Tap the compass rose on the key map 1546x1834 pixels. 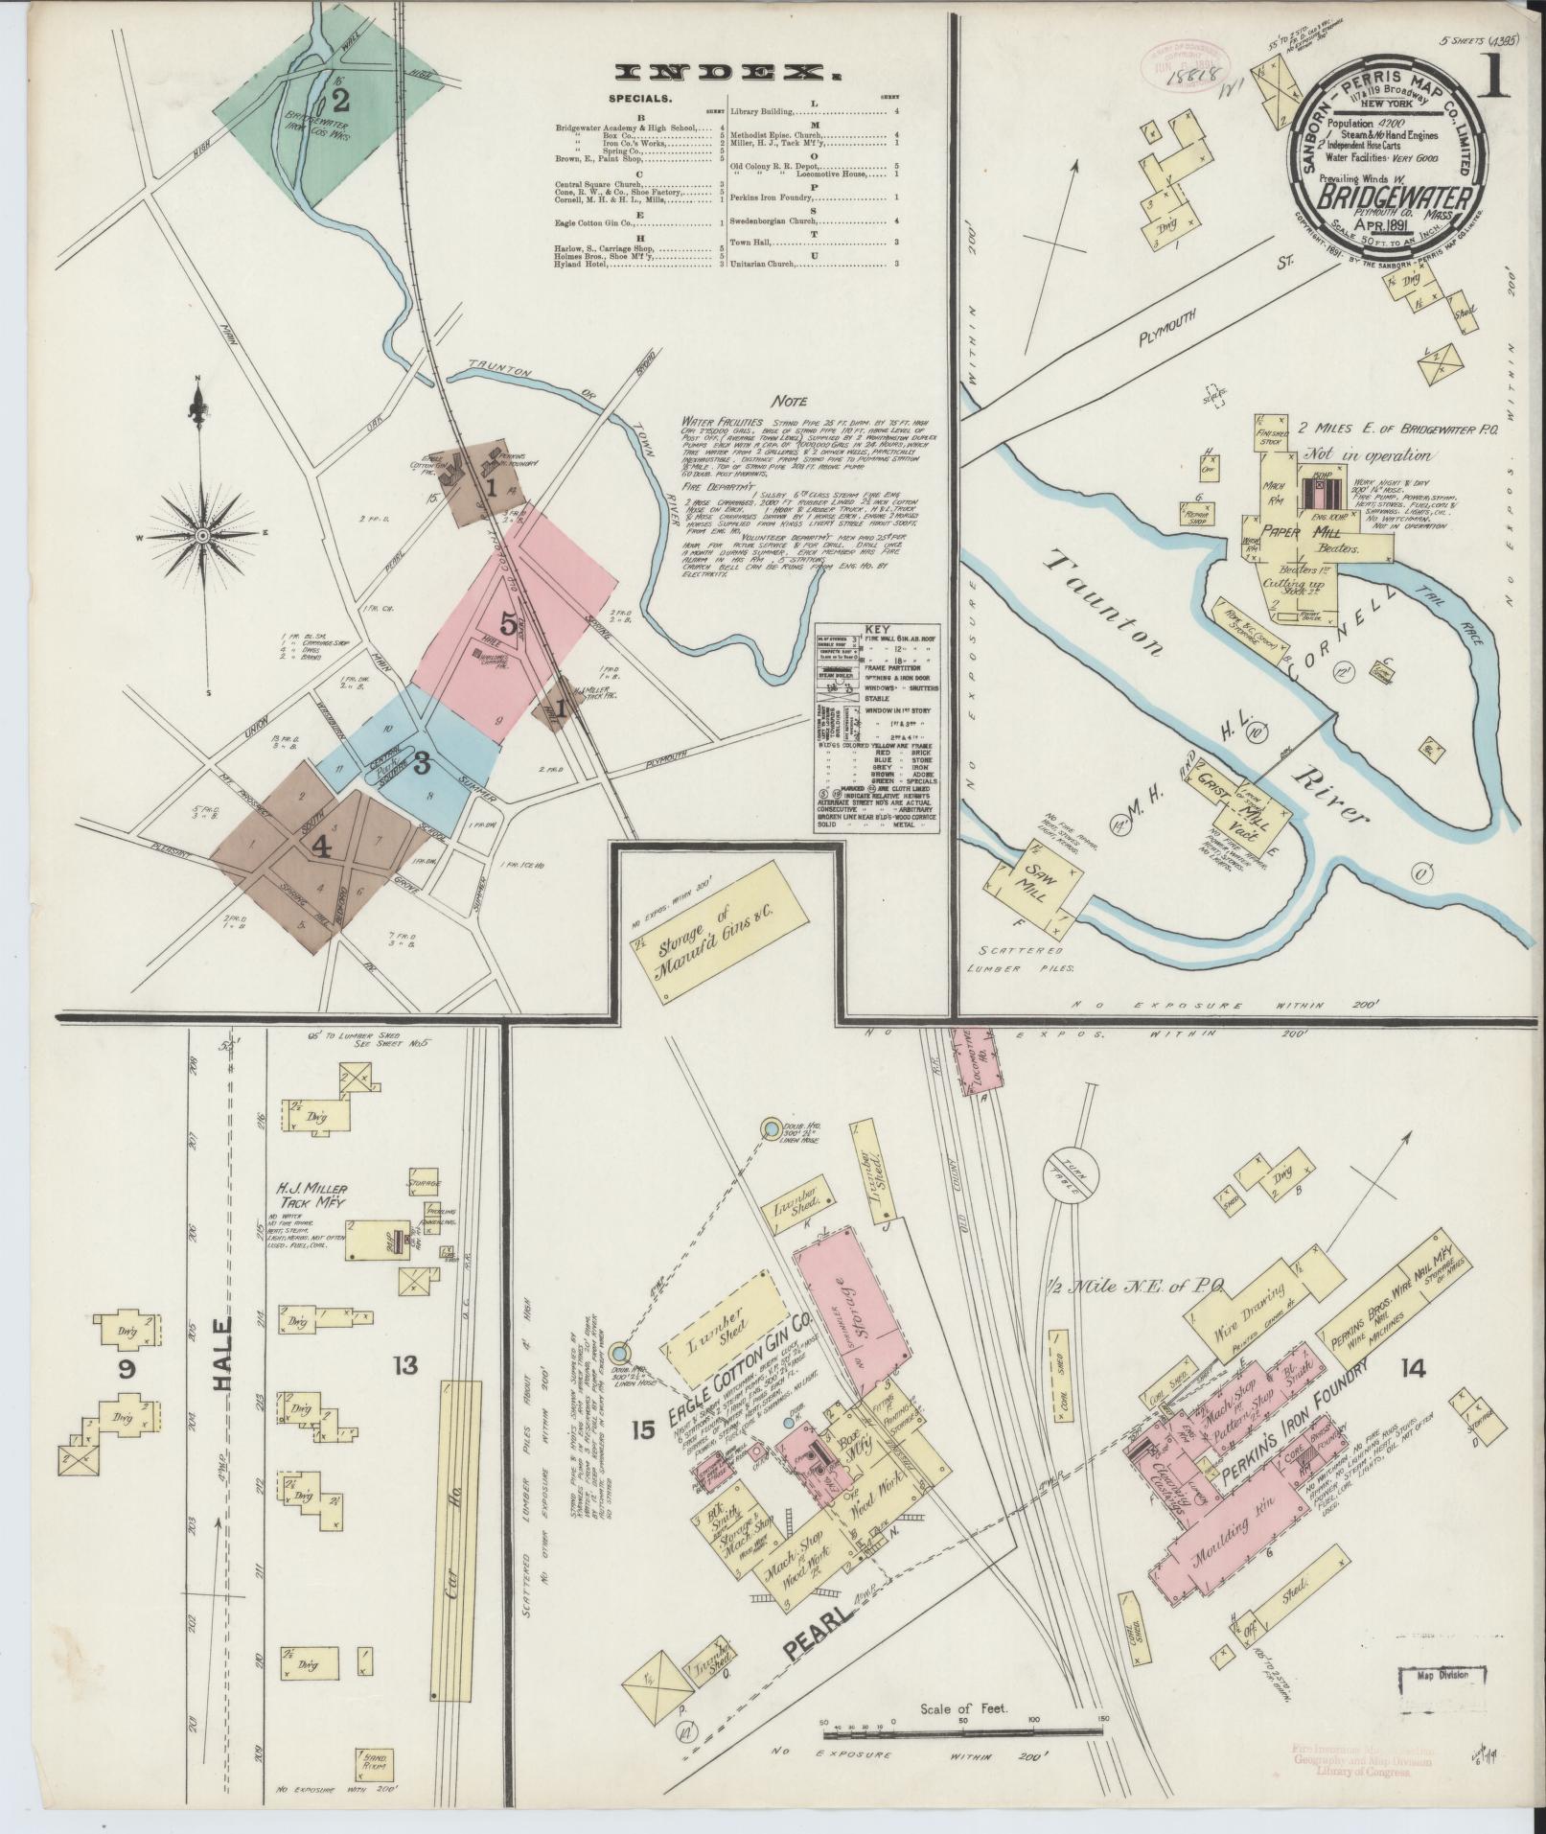click(x=202, y=536)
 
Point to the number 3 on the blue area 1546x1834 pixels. click(x=421, y=763)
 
